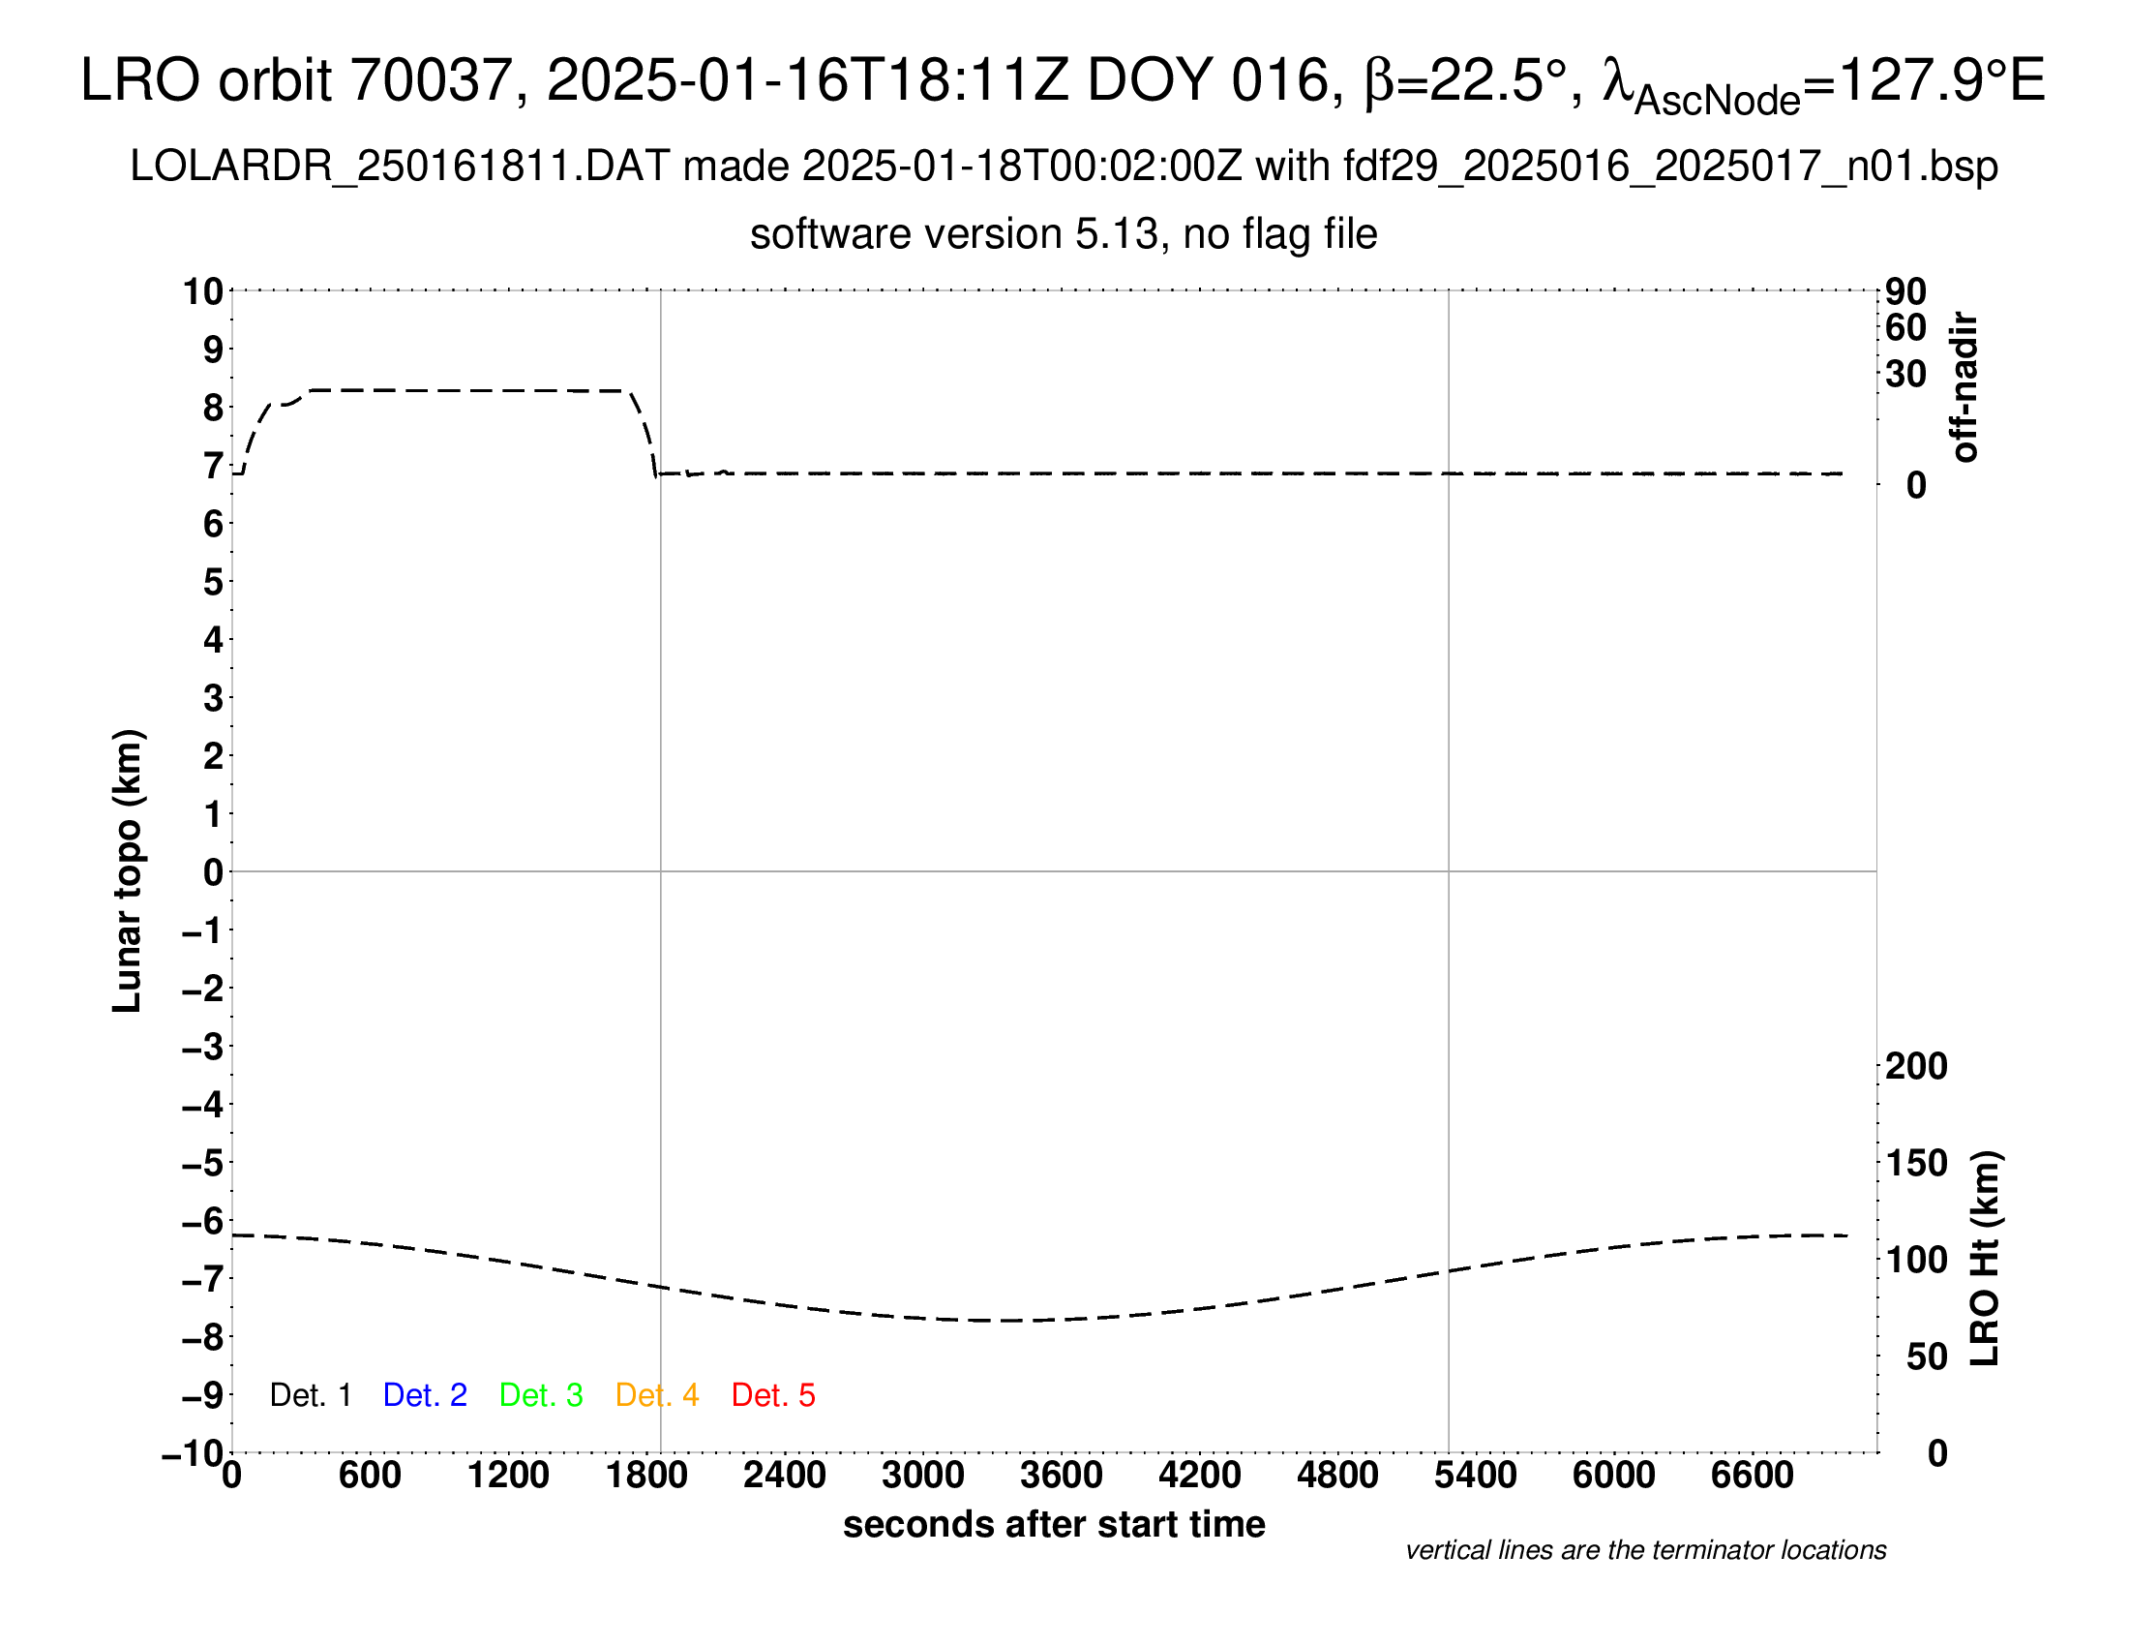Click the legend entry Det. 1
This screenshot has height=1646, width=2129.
pyautogui.click(x=310, y=1395)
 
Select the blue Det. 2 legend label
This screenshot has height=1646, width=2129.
pyautogui.click(x=425, y=1395)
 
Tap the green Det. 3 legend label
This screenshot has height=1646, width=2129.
pyautogui.click(x=541, y=1395)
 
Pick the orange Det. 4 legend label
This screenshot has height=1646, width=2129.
pyautogui.click(x=657, y=1395)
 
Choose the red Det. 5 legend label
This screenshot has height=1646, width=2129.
pyautogui.click(x=773, y=1395)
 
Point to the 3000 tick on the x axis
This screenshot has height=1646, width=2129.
pyautogui.click(x=923, y=1475)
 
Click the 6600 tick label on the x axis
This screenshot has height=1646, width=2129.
pyautogui.click(x=1752, y=1475)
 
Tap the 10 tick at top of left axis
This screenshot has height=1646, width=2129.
pyautogui.click(x=203, y=291)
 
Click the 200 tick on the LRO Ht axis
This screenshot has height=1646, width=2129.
pyautogui.click(x=1915, y=1066)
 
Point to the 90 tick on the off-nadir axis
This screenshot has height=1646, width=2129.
pyautogui.click(x=1905, y=291)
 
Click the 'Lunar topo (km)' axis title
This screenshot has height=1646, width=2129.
pyautogui.click(x=128, y=870)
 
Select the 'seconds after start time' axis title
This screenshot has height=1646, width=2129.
pyautogui.click(x=1054, y=1524)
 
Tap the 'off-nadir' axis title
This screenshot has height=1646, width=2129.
pyautogui.click(x=1964, y=387)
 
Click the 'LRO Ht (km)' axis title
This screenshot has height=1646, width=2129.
pyautogui.click(x=1985, y=1259)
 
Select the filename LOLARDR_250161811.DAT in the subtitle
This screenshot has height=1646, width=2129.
pyautogui.click(x=400, y=167)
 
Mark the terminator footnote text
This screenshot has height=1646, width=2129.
pyautogui.click(x=1645, y=1550)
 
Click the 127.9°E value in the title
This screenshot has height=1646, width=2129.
pyautogui.click(x=1940, y=80)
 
